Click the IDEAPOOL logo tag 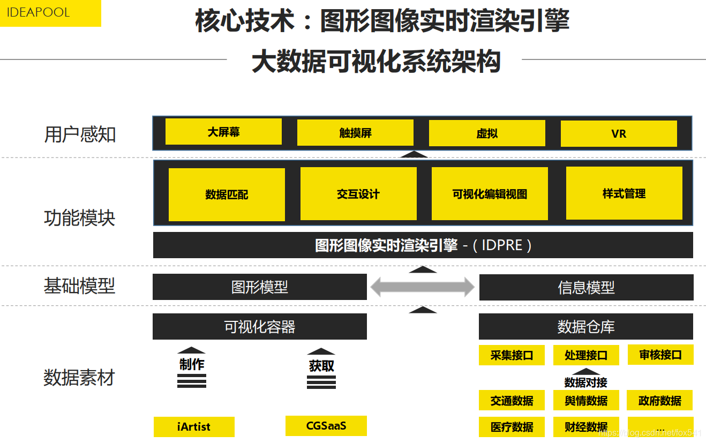(50, 13)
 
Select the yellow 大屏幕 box (223, 132)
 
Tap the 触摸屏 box (355, 133)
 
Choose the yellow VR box (619, 133)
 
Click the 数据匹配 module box (227, 194)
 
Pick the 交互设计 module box (358, 194)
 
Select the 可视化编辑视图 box (490, 194)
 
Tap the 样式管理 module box (624, 193)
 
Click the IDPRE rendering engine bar (423, 245)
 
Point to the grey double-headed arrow (423, 287)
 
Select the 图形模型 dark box (260, 287)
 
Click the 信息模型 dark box (586, 288)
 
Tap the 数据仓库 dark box (586, 327)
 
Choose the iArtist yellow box (194, 427)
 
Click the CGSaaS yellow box (326, 426)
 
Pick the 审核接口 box (660, 355)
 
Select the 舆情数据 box (586, 401)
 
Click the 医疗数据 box (512, 427)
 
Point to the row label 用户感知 (80, 134)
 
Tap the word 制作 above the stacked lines (192, 364)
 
